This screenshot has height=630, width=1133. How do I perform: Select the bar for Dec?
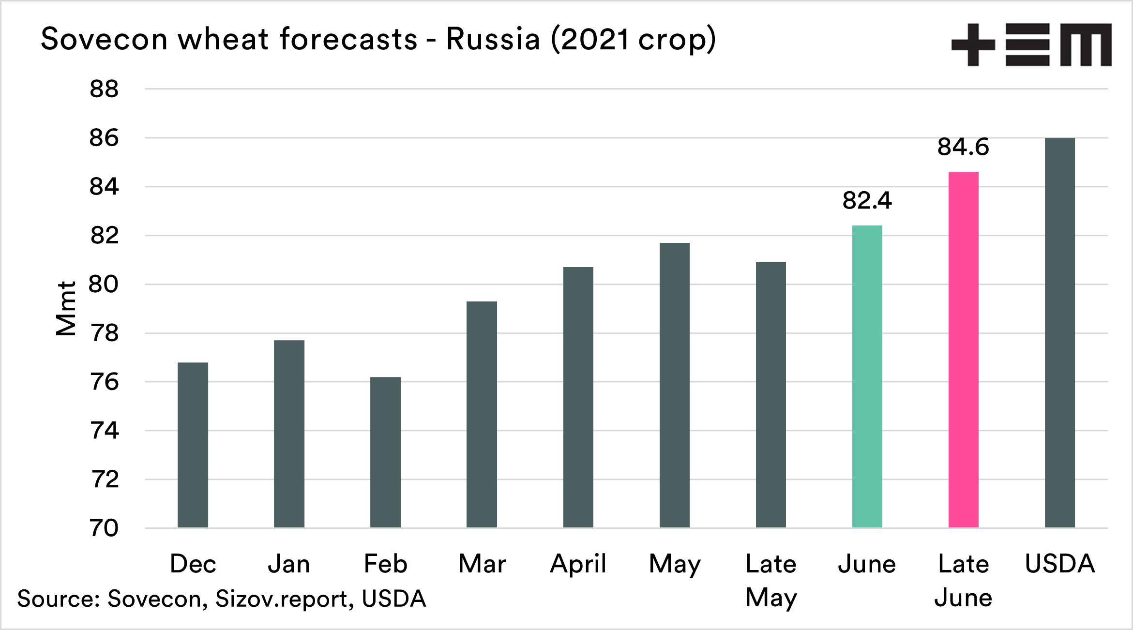(193, 445)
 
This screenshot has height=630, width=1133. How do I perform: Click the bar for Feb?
(385, 452)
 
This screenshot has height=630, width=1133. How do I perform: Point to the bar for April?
(578, 397)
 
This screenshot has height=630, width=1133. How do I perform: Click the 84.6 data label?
(963, 147)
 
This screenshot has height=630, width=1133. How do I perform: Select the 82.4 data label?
(867, 200)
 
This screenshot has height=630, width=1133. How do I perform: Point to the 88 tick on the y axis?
(104, 89)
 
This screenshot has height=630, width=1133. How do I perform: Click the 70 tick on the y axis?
(104, 528)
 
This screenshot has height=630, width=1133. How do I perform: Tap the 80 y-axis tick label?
(103, 284)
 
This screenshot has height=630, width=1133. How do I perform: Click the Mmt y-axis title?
(66, 308)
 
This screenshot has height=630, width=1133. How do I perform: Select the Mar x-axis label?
(482, 564)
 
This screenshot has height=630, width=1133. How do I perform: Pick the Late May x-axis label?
(771, 580)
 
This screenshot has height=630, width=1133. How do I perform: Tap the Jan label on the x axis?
(289, 564)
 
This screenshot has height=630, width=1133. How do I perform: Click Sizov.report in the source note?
(281, 599)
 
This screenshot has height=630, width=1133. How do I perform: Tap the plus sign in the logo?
(973, 45)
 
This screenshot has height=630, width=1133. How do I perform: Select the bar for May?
(674, 385)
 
